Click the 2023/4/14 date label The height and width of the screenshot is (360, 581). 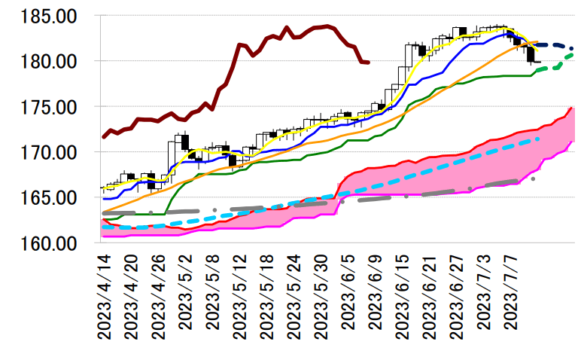[105, 297]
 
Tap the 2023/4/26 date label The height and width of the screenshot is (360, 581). [159, 297]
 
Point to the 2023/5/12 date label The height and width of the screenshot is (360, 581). [240, 297]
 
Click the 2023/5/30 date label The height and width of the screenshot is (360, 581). [321, 297]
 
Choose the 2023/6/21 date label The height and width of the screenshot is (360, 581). [430, 297]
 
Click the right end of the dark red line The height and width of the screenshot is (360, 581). [367, 63]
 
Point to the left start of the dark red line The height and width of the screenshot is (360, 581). [103, 137]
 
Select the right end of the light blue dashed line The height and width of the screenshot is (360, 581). [539, 139]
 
